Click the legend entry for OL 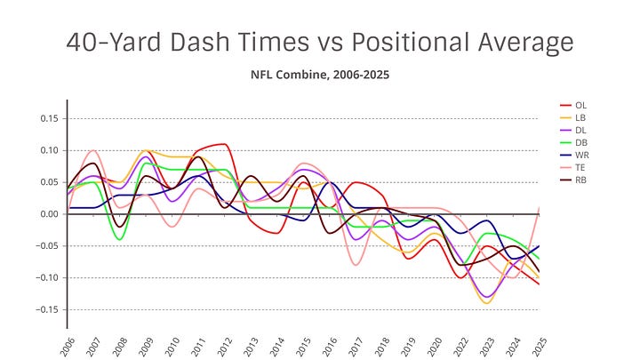click(581, 105)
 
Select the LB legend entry click(581, 117)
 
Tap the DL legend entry click(581, 130)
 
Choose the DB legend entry click(581, 142)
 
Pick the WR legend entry click(581, 155)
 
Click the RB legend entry click(581, 180)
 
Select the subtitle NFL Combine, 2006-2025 click(319, 75)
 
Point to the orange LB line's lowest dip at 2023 click(485, 303)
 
